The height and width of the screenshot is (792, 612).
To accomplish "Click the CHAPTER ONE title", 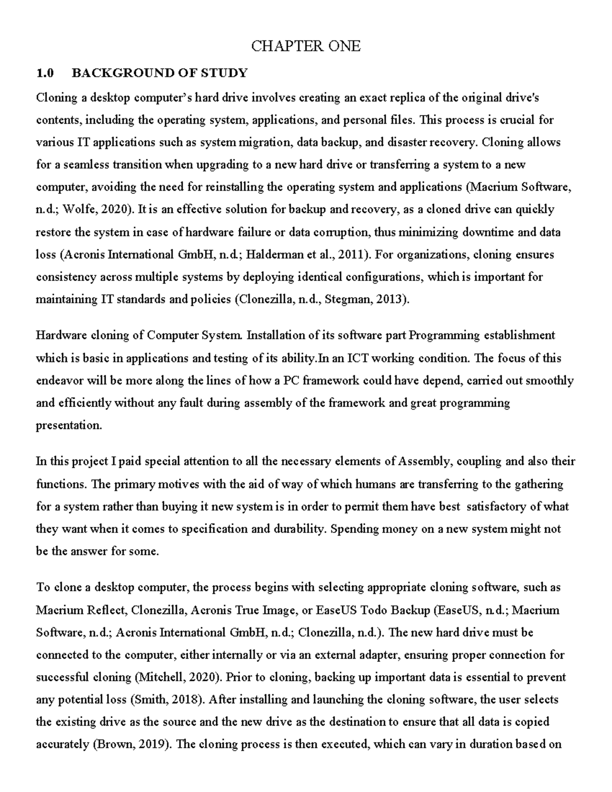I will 305,46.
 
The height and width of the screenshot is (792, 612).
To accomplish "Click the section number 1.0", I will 45,73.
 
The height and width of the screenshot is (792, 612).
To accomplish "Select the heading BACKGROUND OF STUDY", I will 159,73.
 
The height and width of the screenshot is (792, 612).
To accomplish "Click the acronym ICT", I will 359,358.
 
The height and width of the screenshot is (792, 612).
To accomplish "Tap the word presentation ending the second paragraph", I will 68,425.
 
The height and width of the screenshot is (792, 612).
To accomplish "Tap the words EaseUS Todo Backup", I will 373,610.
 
